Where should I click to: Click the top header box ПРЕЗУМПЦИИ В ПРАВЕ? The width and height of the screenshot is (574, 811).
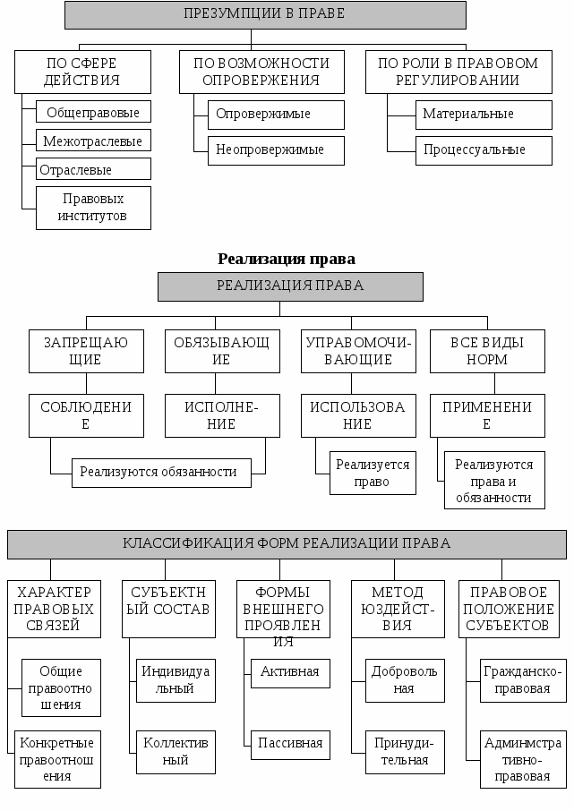pos(265,14)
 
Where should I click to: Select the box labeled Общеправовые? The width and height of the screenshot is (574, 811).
pos(93,113)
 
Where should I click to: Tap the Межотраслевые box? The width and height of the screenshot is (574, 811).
pos(93,141)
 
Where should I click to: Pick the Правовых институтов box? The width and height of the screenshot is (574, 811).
pos(93,208)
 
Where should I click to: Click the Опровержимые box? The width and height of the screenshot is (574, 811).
pos(276,115)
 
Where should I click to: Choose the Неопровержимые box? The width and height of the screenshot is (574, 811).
pos(276,149)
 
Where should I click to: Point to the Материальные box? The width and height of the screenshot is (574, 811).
pos(484,115)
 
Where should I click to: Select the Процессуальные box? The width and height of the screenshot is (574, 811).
pos(484,149)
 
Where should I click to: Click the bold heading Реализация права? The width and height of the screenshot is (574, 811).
pos(287,259)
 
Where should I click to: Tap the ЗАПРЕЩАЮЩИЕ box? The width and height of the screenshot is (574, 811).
pos(86,351)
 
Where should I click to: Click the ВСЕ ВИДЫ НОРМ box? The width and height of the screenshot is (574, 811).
pos(487,351)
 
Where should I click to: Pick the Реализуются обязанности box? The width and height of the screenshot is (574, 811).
pos(158,472)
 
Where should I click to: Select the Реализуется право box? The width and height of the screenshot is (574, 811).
pos(373,473)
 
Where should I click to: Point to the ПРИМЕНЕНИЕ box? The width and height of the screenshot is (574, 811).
pos(487,415)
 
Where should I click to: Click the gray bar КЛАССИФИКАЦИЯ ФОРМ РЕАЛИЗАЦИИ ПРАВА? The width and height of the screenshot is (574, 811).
pos(287,543)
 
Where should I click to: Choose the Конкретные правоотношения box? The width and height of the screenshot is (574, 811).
pos(57,759)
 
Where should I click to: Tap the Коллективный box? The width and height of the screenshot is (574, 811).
pos(176,752)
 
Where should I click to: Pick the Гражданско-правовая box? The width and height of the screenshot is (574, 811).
pos(523,679)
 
